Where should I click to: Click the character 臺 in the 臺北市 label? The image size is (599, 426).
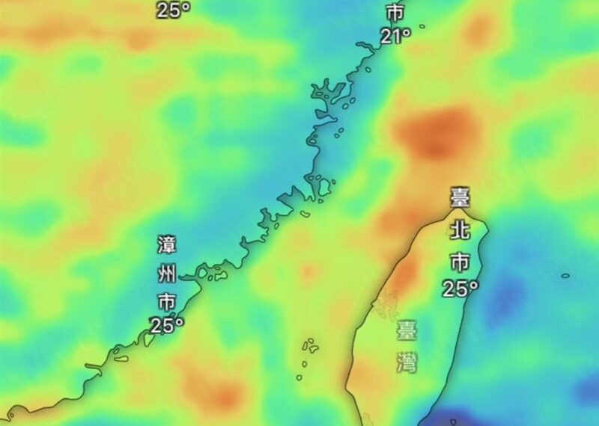[x=459, y=198]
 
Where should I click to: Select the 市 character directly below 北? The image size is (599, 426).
[x=459, y=261]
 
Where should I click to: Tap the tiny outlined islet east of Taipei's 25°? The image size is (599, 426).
[x=565, y=276]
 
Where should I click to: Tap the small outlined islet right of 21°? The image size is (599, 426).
[x=422, y=26]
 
